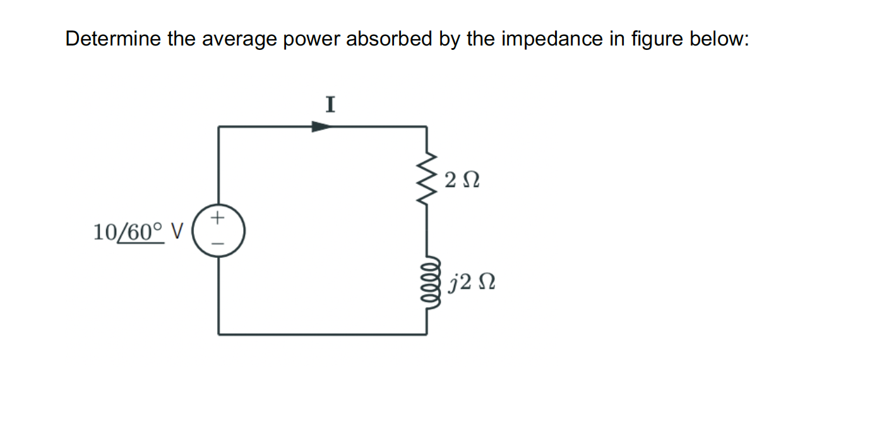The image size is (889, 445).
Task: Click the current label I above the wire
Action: [x=330, y=104]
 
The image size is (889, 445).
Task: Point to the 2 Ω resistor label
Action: [x=462, y=180]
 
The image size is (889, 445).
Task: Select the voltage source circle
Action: [x=218, y=231]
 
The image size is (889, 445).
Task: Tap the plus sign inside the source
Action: [x=218, y=219]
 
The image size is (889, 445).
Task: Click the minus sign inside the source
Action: [x=218, y=243]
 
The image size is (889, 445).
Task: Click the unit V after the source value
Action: [x=176, y=232]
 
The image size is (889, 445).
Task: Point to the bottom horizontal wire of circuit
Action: [x=322, y=334]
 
